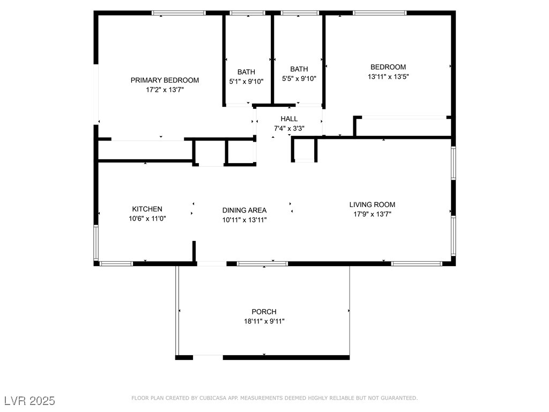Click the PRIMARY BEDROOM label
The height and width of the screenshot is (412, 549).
[165, 80]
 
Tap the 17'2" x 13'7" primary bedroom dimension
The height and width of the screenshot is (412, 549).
[165, 90]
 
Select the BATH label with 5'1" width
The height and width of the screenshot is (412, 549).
[246, 72]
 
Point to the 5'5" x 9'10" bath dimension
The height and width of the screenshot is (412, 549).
[299, 78]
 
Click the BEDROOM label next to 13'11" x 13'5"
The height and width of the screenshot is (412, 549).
[388, 67]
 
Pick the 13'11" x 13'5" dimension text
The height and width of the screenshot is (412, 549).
[388, 76]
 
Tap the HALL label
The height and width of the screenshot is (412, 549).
[289, 119]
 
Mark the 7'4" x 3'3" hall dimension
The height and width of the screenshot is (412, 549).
[289, 128]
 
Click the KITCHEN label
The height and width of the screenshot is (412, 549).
[147, 209]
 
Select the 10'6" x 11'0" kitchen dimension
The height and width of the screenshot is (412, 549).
[147, 219]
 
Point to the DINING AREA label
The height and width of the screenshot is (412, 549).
[244, 210]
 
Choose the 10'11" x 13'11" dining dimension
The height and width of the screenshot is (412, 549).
[244, 220]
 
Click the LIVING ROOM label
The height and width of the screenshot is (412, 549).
[372, 204]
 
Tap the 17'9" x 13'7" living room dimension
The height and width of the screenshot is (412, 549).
[372, 214]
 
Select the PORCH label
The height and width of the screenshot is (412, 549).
[264, 312]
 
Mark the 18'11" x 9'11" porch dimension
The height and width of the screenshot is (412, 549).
[264, 321]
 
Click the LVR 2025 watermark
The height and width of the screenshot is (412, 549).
[30, 400]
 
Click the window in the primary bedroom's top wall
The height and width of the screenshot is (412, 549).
[179, 13]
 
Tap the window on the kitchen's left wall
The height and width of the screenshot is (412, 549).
[96, 242]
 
